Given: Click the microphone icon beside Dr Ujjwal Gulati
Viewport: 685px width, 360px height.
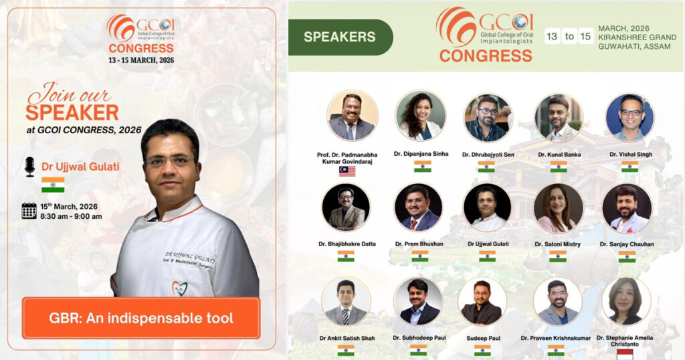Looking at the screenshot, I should click(29, 167).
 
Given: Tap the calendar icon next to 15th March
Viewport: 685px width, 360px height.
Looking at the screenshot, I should click(29, 211).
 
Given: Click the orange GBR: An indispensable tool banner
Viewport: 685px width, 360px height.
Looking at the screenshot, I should click(140, 318).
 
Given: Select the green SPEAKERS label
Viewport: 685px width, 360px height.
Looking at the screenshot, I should click(340, 37).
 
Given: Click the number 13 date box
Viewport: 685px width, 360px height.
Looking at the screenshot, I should click(552, 36).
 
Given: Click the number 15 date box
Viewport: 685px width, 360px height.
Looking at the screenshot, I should click(585, 36).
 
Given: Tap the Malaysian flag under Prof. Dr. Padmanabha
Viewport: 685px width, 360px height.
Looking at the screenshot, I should click(347, 171).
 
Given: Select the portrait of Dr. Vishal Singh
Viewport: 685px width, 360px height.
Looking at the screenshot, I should click(629, 117).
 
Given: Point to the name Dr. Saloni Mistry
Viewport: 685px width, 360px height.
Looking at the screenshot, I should click(557, 244).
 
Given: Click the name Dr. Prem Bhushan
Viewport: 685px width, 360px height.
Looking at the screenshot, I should click(418, 244).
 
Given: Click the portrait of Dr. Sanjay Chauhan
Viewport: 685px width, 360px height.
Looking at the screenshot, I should click(627, 208).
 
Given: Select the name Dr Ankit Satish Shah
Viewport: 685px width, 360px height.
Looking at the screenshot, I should click(346, 338).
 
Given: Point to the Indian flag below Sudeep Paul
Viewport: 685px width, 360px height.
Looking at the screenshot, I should click(482, 351).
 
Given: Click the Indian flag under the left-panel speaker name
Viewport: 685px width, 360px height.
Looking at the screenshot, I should click(53, 185).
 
